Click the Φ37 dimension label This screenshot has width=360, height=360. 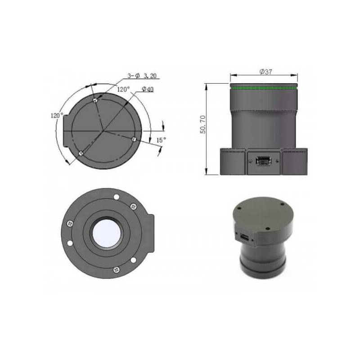point(265,72)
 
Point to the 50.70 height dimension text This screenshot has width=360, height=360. point(203,125)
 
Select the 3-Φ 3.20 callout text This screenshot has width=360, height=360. point(142,76)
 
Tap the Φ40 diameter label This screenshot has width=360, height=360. point(148,89)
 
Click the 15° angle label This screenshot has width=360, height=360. point(161,140)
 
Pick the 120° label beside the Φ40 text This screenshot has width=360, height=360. point(123,89)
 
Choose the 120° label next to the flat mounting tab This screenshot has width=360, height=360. point(57,115)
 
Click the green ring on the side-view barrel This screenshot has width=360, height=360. point(264,87)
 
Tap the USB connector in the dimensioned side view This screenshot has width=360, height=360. point(263,161)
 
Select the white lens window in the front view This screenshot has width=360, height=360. point(107,233)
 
